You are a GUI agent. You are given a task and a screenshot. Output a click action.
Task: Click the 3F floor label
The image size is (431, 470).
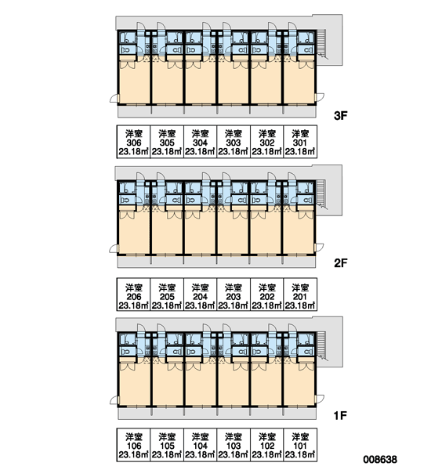pos(340,115)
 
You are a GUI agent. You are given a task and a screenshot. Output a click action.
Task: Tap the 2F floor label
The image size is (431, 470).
pos(340,263)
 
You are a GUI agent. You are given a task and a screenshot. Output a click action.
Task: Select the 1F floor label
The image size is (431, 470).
pos(340,415)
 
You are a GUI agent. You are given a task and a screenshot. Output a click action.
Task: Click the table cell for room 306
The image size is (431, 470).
pos(133,142)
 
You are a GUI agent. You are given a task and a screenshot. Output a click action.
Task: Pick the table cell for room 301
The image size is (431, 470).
pos(300,142)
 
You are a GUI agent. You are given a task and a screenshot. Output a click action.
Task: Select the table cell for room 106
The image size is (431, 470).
pos(133,445)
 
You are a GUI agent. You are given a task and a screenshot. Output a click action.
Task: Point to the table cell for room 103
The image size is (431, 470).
pos(234,445)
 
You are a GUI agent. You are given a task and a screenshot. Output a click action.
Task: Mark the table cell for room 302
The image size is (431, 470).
pos(267,142)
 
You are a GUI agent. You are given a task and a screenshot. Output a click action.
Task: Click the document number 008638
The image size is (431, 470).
pos(380,459)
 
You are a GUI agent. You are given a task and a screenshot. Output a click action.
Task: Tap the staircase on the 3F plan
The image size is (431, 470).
pos(321,44)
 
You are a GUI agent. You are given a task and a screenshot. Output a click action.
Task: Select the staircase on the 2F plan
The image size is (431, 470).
pos(321,193)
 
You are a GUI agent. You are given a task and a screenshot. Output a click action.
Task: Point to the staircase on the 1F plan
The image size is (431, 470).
pos(321,345)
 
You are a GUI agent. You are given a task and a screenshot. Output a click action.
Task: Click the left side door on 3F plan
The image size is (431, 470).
pos(114,99)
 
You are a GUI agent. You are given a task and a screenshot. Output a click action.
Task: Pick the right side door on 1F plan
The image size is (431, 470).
pos(320,399)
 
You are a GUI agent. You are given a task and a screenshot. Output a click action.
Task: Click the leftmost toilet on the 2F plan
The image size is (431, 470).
pos(125,200)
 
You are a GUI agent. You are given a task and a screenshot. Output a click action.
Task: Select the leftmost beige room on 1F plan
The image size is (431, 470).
pos(134,385)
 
